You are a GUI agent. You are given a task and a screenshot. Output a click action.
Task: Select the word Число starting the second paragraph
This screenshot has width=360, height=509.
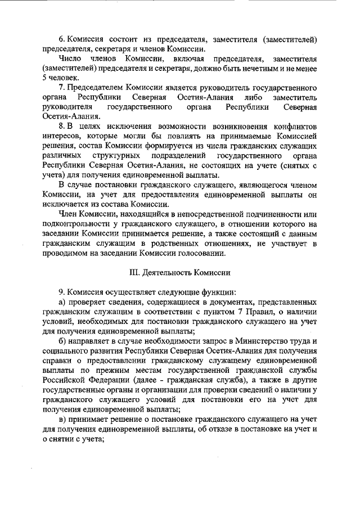tap(70, 58)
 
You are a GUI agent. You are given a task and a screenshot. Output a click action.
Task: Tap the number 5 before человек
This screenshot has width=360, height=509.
tap(44, 78)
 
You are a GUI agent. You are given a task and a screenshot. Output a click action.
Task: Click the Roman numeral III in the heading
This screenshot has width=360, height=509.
tap(134, 273)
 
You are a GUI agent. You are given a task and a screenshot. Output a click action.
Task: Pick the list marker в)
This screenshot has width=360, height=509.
tap(63, 419)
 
